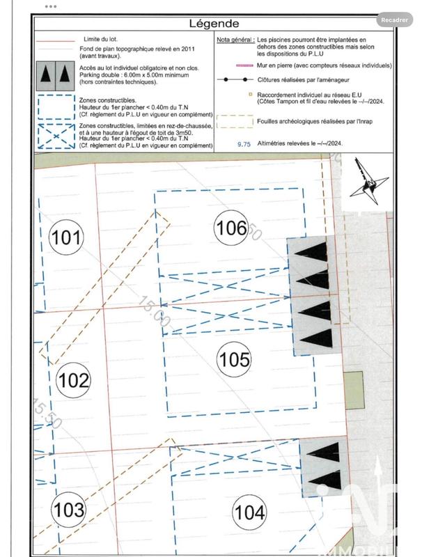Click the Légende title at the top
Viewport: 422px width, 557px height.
(214, 24)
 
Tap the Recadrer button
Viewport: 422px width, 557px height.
(394, 20)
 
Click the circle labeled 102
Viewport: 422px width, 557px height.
(73, 380)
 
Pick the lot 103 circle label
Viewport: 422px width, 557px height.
(69, 510)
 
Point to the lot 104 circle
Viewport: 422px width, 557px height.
(249, 513)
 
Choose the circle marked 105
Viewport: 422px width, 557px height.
(234, 359)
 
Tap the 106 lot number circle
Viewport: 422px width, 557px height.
(231, 228)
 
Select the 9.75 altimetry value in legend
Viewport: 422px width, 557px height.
(243, 143)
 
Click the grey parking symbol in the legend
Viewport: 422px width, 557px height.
(54, 73)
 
